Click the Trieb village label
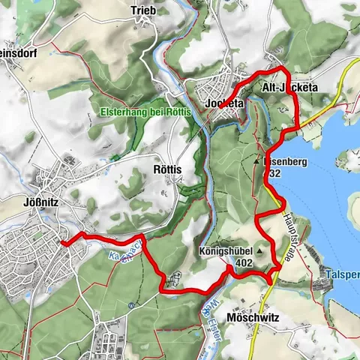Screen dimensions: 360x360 pos(143,10)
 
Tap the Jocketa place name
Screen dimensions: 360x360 pos(223,103)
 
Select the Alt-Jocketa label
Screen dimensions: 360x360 pos(289,88)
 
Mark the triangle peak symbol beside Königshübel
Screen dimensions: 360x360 pos(260,251)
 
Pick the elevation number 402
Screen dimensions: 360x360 pos(242,263)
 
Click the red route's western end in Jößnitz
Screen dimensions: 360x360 pos(63,243)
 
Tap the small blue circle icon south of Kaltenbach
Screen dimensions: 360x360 pos(131,305)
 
